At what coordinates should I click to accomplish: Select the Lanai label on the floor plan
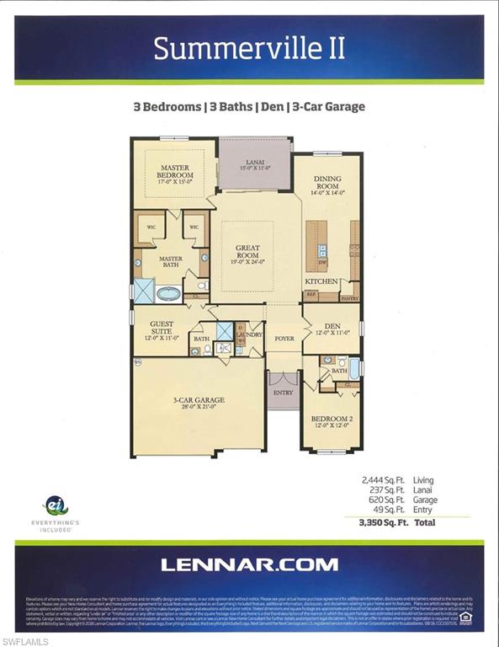coord(255,162)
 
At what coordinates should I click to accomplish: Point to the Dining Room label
coord(326,183)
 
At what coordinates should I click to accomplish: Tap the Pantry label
coord(349,297)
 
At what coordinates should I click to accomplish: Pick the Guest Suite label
coord(163,329)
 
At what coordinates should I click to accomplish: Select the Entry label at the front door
coord(283,393)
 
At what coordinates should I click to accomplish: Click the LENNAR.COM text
coord(249,565)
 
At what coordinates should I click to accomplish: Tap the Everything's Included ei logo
coord(56,505)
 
